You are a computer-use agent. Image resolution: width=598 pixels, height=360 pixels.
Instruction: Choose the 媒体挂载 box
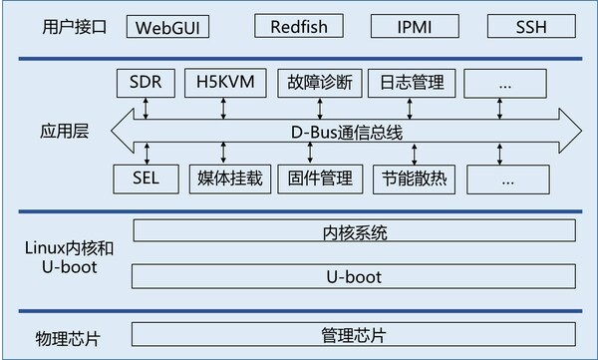[x=224, y=180]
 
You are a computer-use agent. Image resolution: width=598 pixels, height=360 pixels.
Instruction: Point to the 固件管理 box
[x=314, y=180]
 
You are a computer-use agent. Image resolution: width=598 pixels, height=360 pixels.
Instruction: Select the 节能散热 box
[x=405, y=180]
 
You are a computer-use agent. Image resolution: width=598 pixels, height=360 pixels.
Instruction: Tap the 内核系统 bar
[x=355, y=233]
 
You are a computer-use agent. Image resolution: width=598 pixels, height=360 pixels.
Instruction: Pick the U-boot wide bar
[x=355, y=275]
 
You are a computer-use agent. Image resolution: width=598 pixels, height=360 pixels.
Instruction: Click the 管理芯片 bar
[x=355, y=331]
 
